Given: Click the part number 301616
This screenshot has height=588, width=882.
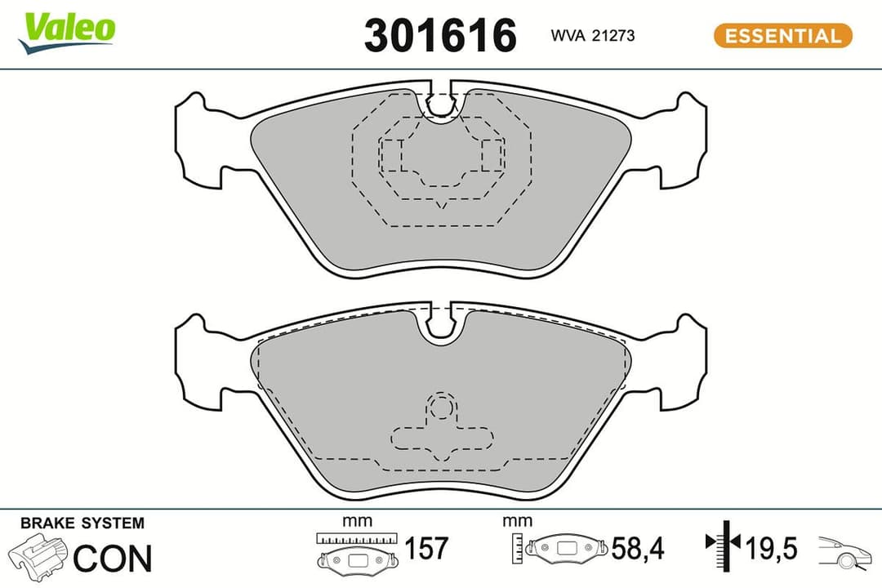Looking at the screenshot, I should tap(440, 36).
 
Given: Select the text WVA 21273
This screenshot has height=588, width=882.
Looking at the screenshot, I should tap(593, 36).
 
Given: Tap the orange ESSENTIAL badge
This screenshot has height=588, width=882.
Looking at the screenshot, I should tap(782, 36).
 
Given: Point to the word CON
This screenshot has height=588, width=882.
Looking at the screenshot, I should tap(113, 558).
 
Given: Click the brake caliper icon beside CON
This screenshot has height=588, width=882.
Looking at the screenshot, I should tap(38, 558).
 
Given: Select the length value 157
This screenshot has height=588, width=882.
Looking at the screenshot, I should tap(426, 549).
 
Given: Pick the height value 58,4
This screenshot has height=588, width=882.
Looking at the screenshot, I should tap(639, 549).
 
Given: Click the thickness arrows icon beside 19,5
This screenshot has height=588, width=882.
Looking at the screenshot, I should tap(721, 542).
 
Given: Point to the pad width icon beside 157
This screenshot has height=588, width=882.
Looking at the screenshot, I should tap(357, 552).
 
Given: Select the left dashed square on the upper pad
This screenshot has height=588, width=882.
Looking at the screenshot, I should tap(393, 155).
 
